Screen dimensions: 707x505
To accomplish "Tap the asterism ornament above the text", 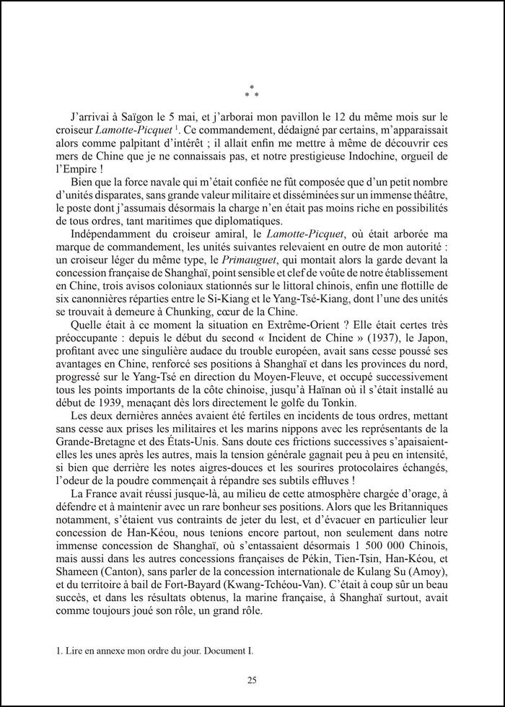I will pyautogui.click(x=252, y=92).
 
